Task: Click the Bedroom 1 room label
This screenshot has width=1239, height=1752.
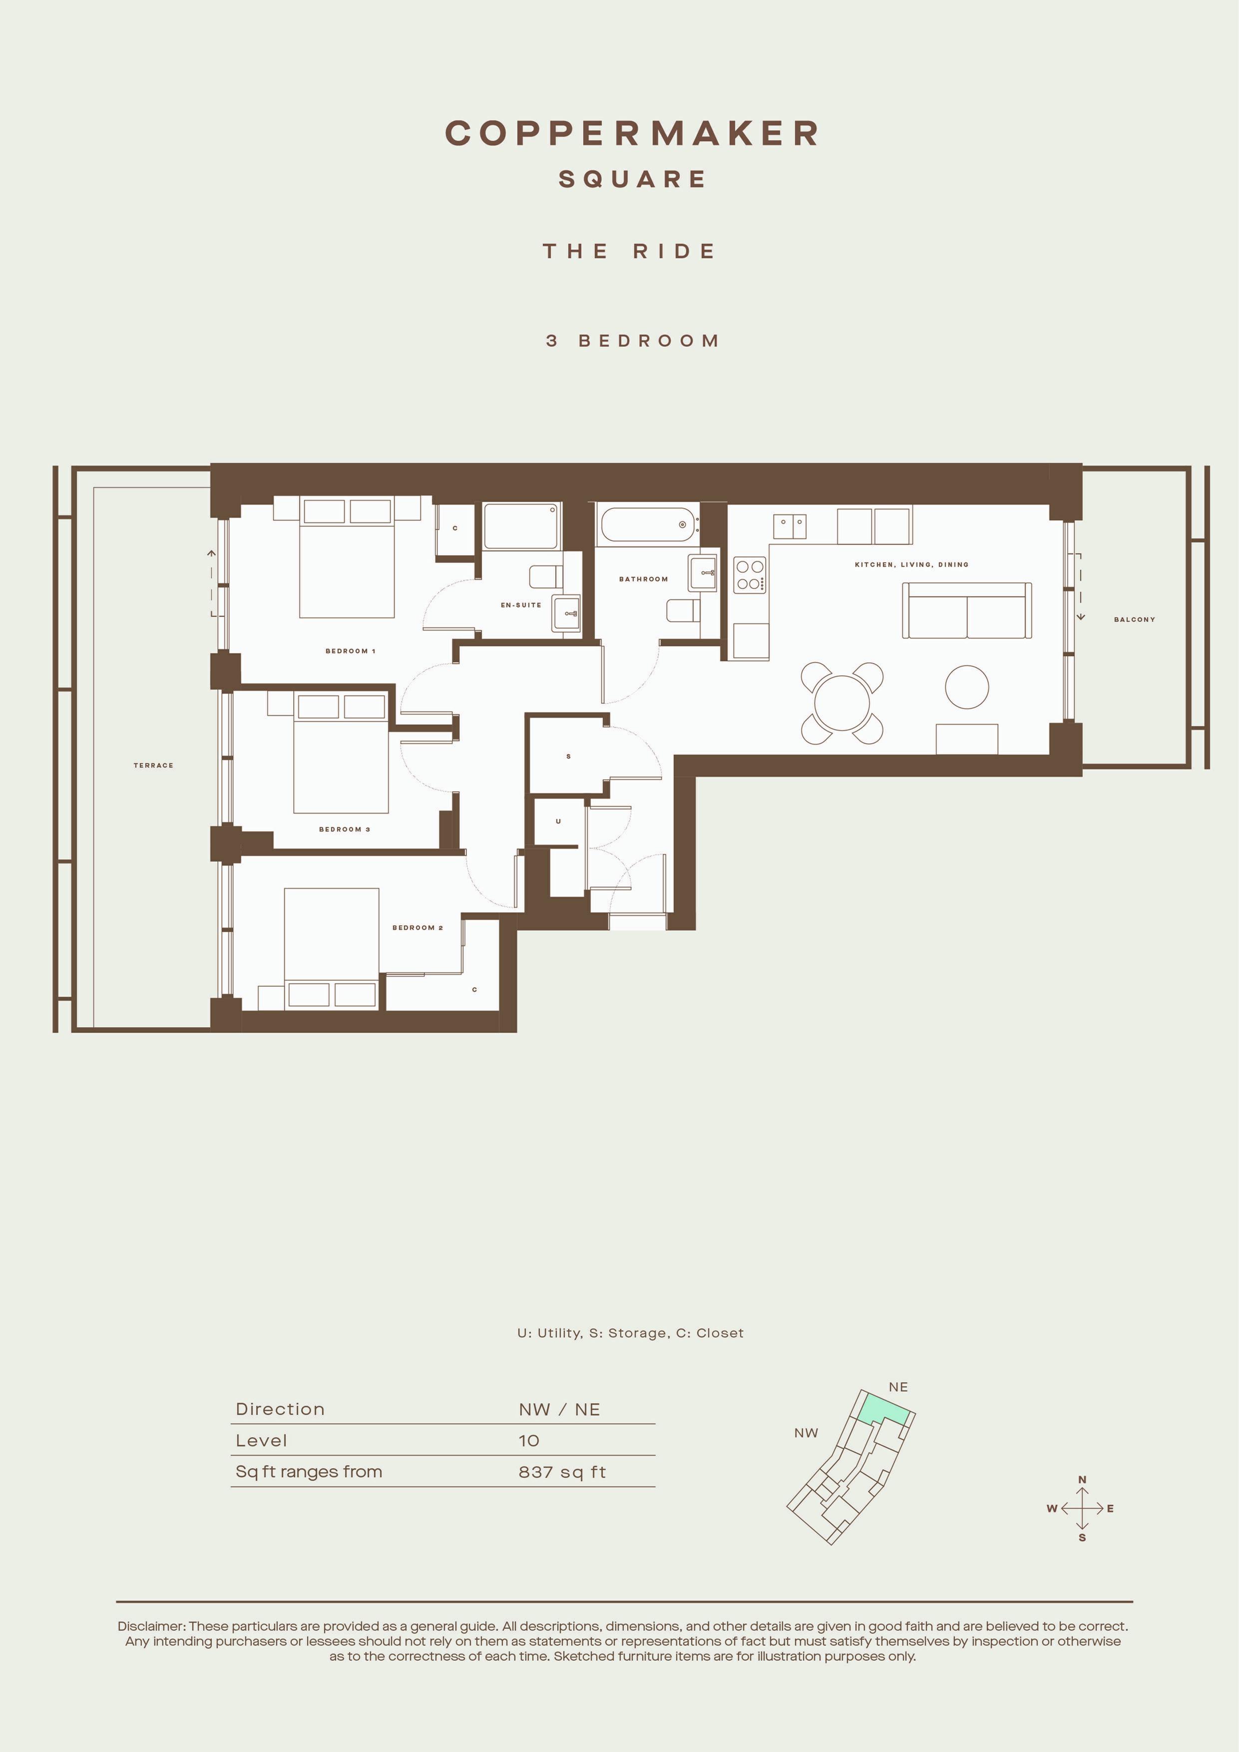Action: point(350,651)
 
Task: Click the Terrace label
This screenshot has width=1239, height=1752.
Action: point(153,765)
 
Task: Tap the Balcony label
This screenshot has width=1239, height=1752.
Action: point(1135,620)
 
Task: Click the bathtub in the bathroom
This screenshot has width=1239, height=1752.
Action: point(648,525)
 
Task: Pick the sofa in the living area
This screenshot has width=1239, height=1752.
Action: point(967,610)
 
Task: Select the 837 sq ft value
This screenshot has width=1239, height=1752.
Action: point(562,1472)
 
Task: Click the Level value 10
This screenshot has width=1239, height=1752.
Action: point(529,1441)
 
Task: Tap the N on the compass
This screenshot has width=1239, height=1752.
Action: point(1082,1480)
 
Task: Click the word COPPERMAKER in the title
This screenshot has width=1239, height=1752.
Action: point(632,133)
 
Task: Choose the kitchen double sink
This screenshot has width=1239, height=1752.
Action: point(790,526)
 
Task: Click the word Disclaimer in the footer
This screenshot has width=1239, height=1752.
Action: point(151,1626)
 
